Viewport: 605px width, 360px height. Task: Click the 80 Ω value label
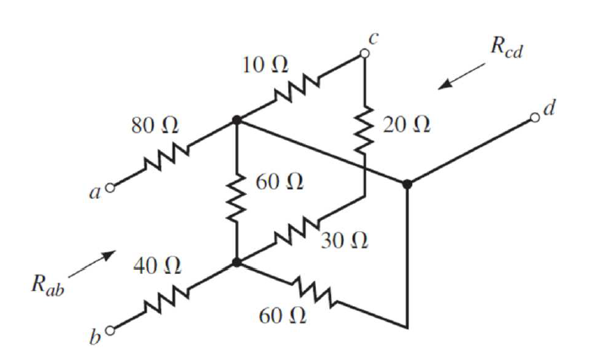(x=154, y=126)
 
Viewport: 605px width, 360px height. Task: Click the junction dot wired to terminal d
(x=407, y=183)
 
